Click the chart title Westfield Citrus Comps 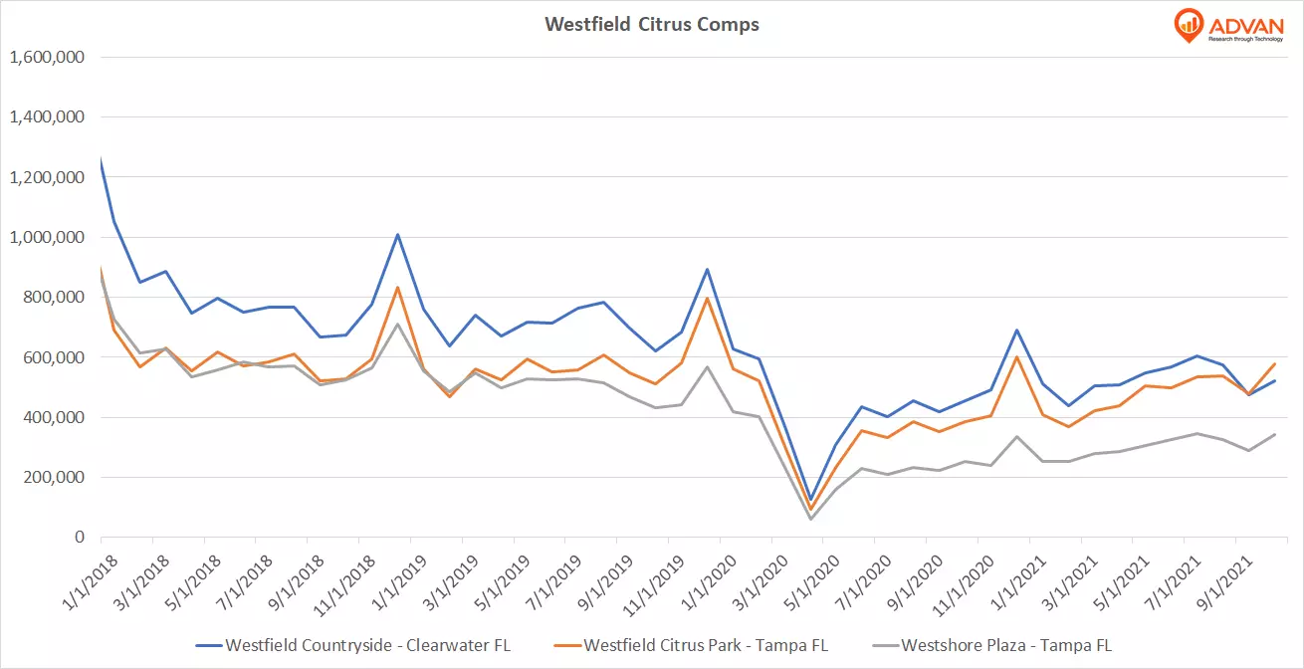coord(651,24)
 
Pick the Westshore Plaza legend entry coord(1005,645)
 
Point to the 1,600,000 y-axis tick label coord(46,57)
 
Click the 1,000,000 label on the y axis coord(46,237)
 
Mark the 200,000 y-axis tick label coord(52,477)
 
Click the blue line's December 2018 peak coord(397,234)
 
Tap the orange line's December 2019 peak coord(707,298)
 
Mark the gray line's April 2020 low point coord(810,519)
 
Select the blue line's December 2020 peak coord(1016,330)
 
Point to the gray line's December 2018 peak coord(397,324)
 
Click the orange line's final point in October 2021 coord(1275,363)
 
